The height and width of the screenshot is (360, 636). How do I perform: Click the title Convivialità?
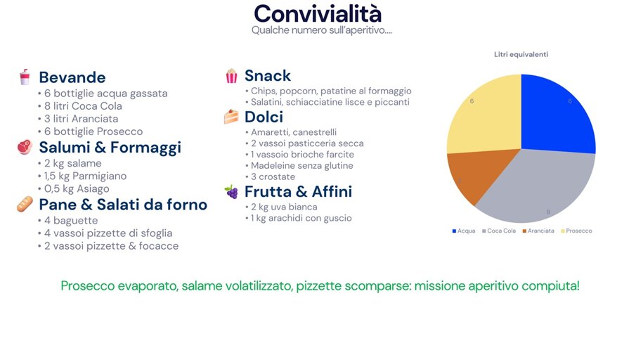pyautogui.click(x=318, y=13)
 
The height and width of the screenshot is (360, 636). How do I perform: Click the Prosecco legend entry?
pyautogui.click(x=576, y=231)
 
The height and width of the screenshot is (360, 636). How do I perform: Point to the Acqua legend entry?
pyautogui.click(x=464, y=231)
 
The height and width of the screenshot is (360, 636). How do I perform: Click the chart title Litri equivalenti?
pyautogui.click(x=521, y=55)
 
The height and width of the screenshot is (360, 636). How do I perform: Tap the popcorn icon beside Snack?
pyautogui.click(x=231, y=76)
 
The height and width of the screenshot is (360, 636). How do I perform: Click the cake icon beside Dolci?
pyautogui.click(x=231, y=117)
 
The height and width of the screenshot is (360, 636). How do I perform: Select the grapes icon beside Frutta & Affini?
pyautogui.click(x=231, y=191)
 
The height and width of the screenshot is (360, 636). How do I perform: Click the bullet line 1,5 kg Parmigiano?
pyautogui.click(x=84, y=176)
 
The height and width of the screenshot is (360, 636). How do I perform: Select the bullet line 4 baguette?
pyautogui.click(x=64, y=220)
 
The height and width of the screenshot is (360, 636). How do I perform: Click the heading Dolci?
pyautogui.click(x=264, y=117)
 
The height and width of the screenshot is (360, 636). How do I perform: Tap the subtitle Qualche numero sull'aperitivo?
pyautogui.click(x=321, y=30)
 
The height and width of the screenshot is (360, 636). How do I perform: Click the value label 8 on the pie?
pyautogui.click(x=549, y=212)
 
